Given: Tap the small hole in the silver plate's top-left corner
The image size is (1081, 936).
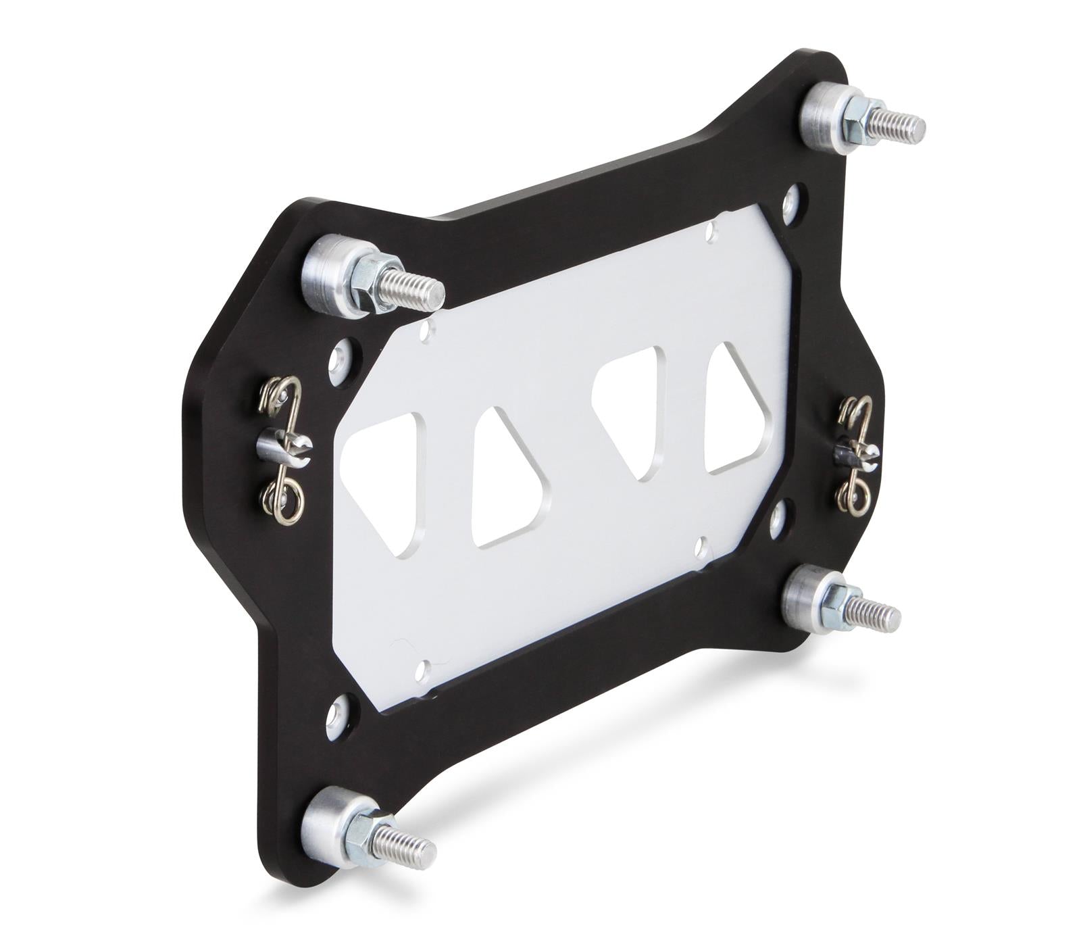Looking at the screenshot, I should pos(425,331).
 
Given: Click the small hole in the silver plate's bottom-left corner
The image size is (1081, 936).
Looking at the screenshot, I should pos(423,670).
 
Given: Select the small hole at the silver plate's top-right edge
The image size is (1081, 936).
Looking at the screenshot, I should pos(709,232).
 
